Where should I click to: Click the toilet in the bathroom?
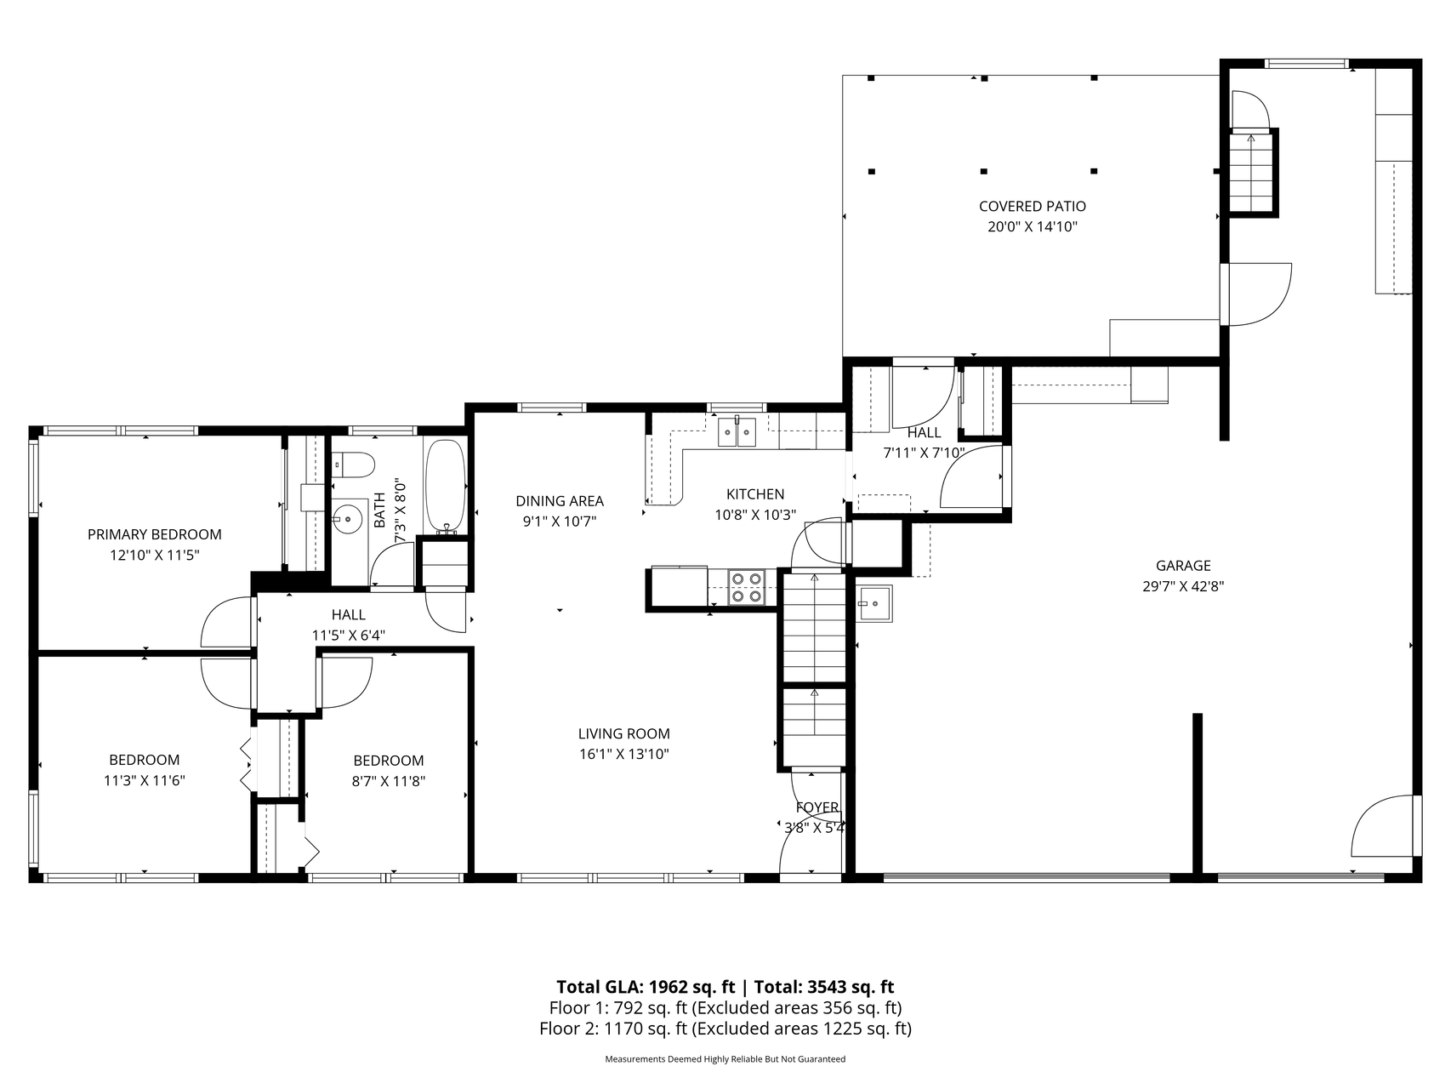[x=354, y=465]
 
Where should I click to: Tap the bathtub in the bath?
[x=445, y=485]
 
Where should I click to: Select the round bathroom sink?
[x=348, y=517]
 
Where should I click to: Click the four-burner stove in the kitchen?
[x=747, y=587]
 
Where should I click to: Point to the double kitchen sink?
[x=737, y=431]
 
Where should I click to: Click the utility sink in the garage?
[x=874, y=603]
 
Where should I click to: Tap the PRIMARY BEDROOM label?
[x=155, y=534]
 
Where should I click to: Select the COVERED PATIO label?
[x=1033, y=206]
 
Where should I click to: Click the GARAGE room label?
[x=1183, y=565]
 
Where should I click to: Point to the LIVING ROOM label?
[x=624, y=733]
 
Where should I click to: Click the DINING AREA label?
[x=560, y=501]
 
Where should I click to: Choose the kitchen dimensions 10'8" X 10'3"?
[x=755, y=515]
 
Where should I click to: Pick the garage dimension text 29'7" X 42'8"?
[x=1183, y=586]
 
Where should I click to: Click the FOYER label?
[x=817, y=807]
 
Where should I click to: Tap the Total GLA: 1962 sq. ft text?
[x=646, y=987]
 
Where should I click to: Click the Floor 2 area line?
[x=725, y=1029]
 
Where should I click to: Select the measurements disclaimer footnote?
[x=725, y=1059]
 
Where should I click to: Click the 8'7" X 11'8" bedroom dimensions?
[x=389, y=781]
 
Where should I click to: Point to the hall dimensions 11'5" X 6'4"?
[x=349, y=635]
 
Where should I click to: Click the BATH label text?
[x=379, y=510]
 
